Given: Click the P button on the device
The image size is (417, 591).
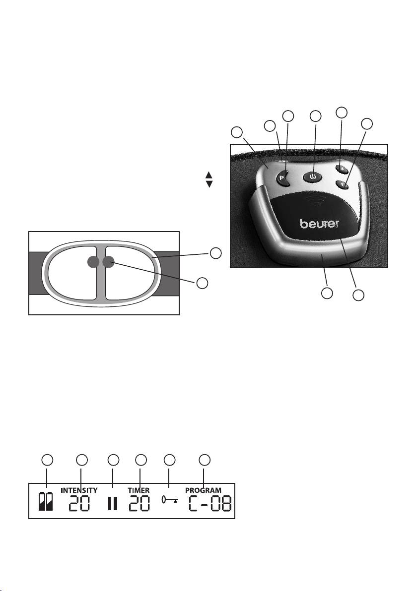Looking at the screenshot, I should tap(282, 178).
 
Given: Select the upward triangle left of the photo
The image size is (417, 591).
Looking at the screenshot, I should tap(208, 175).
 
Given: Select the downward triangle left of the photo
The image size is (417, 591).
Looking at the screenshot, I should tap(208, 184).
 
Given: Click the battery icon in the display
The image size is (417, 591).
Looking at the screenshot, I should tap(46, 502).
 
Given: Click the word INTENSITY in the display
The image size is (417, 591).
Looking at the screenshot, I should tap(79, 490).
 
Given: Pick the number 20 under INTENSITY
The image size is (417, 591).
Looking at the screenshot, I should tap(79, 504).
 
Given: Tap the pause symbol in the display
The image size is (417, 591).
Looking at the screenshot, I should tap(113, 504).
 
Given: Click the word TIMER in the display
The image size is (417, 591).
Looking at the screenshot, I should tap(139, 490).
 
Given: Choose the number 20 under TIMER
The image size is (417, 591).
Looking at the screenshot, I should tap(139, 504).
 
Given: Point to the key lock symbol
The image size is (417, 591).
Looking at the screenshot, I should tap(169, 501).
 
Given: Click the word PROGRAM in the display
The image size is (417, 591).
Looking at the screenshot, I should tap(204, 490).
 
